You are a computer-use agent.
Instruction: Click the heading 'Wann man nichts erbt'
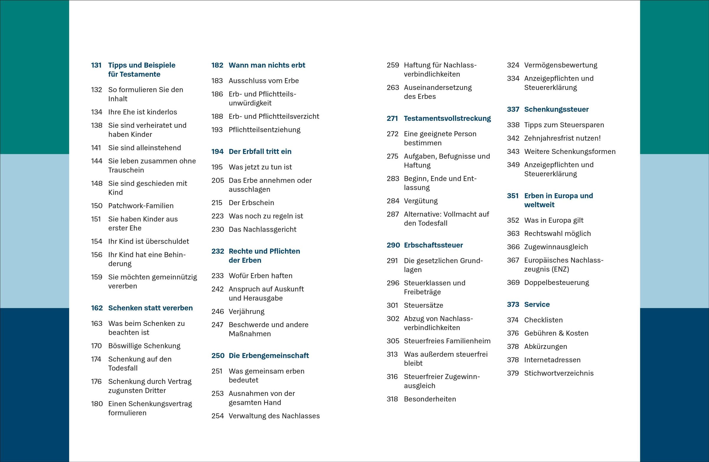pyautogui.click(x=267, y=65)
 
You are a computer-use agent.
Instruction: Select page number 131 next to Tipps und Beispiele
pyautogui.click(x=96, y=65)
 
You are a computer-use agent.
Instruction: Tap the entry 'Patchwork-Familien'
pyautogui.click(x=141, y=206)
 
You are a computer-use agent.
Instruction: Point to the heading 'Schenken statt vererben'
pyautogui.click(x=150, y=308)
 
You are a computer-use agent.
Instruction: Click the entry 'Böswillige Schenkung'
pyautogui.click(x=144, y=346)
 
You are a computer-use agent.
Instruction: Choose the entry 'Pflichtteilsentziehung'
pyautogui.click(x=264, y=130)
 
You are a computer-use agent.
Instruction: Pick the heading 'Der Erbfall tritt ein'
pyautogui.click(x=260, y=152)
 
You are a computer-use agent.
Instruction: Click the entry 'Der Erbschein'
pyautogui.click(x=251, y=203)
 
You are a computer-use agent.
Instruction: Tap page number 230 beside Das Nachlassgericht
pyautogui.click(x=217, y=230)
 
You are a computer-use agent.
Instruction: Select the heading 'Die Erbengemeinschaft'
pyautogui.click(x=269, y=356)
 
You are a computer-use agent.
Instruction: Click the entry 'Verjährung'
pyautogui.click(x=246, y=312)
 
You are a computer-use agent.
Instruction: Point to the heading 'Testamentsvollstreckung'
pyautogui.click(x=447, y=118)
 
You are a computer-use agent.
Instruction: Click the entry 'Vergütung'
pyautogui.click(x=421, y=201)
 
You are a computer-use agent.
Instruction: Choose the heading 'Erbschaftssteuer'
pyautogui.click(x=433, y=245)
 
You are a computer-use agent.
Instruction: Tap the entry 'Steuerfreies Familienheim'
pyautogui.click(x=447, y=341)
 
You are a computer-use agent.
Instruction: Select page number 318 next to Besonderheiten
pyautogui.click(x=392, y=399)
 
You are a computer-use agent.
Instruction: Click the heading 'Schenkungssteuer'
pyautogui.click(x=556, y=109)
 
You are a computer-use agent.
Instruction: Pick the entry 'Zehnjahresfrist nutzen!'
pyautogui.click(x=562, y=138)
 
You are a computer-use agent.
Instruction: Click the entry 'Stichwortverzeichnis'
pyautogui.click(x=559, y=373)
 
